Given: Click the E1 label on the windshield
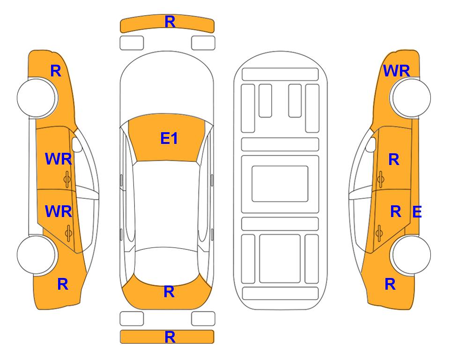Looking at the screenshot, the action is (169, 138).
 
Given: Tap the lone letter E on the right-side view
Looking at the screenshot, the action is (417, 212).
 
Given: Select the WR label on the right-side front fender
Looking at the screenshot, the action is (396, 71).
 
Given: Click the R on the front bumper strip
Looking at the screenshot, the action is (170, 22).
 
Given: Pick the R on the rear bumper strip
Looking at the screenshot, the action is (170, 337).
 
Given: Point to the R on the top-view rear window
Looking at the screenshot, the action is (169, 292).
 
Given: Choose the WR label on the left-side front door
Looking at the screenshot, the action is (59, 159).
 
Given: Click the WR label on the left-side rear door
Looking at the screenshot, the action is (59, 211).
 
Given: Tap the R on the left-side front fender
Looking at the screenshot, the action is (56, 71).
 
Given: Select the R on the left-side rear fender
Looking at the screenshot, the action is (63, 284).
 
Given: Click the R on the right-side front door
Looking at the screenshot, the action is (394, 159).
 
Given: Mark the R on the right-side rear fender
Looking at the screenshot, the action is (390, 284).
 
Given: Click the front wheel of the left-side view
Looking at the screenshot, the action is (36, 97).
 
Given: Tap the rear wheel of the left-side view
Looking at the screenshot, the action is (36, 255).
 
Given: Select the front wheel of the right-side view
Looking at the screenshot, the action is (411, 97).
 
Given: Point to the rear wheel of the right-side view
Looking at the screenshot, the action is (411, 255).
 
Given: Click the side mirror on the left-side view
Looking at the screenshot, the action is (76, 144).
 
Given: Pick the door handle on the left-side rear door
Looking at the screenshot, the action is (68, 233).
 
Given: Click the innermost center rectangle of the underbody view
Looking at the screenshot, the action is (280, 184).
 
